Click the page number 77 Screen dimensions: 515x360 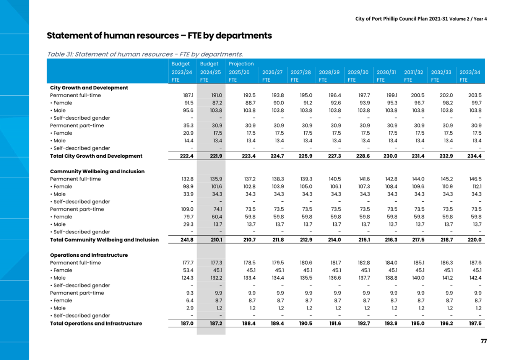(x=484, y=341)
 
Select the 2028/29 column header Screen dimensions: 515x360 (x=329, y=72)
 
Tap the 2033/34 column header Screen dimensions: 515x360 (x=470, y=72)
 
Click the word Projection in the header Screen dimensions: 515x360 (x=241, y=64)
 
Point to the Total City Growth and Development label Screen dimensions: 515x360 (x=96, y=156)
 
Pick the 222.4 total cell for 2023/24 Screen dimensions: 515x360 (x=187, y=156)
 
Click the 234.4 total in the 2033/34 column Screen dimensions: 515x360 (x=474, y=156)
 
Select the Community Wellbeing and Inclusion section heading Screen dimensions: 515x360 (x=97, y=171)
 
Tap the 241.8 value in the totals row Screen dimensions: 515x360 (x=187, y=240)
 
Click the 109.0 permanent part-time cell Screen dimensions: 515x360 (x=187, y=209)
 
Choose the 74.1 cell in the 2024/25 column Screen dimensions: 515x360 (x=218, y=209)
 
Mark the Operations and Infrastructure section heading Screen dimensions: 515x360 (x=89, y=255)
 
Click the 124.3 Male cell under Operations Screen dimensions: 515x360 (x=187, y=278)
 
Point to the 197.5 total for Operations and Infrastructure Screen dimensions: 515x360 (x=475, y=323)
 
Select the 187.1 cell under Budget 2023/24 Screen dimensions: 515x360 (x=188, y=95)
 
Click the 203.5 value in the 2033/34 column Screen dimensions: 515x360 (x=475, y=95)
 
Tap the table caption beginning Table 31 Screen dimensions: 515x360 (x=145, y=54)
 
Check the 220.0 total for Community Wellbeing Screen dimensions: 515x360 (x=474, y=240)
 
